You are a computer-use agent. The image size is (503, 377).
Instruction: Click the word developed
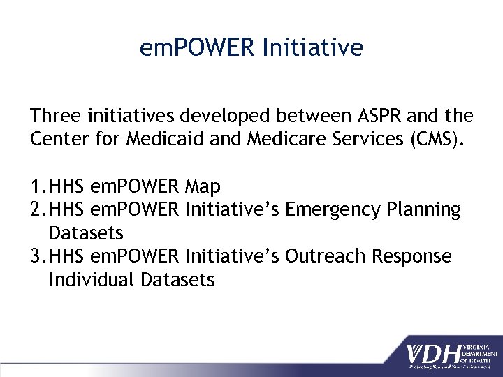224,115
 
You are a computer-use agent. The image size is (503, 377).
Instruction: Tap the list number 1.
37,186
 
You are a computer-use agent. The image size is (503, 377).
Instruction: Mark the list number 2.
37,209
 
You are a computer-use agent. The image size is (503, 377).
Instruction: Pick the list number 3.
37,256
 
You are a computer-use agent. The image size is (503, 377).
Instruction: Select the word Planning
426,209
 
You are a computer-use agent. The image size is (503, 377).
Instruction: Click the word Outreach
327,256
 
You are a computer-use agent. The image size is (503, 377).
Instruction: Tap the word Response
411,256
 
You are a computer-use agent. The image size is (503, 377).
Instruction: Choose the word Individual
92,280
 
